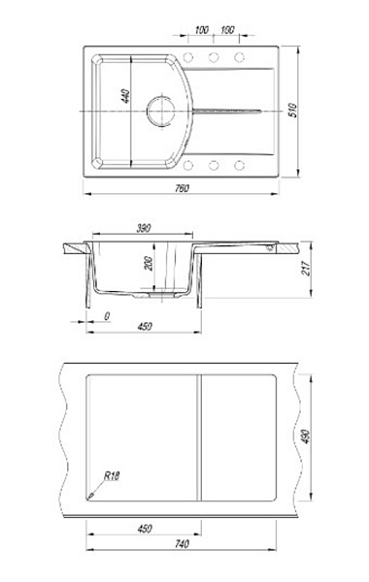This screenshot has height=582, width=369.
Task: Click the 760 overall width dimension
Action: tap(182, 188)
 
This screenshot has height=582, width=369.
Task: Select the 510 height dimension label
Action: tap(293, 111)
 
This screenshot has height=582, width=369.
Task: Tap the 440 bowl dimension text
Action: tap(126, 96)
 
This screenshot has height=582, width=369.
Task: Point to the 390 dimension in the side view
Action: tap(143, 228)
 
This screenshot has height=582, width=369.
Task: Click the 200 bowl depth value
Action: tap(149, 264)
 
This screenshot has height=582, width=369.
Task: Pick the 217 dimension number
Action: tap(306, 268)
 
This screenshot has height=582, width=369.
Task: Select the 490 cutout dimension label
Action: tap(306, 436)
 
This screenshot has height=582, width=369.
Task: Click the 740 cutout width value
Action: tap(182, 544)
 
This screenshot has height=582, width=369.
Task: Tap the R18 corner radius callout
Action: tap(112, 476)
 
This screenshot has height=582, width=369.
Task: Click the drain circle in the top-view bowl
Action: tap(160, 111)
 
